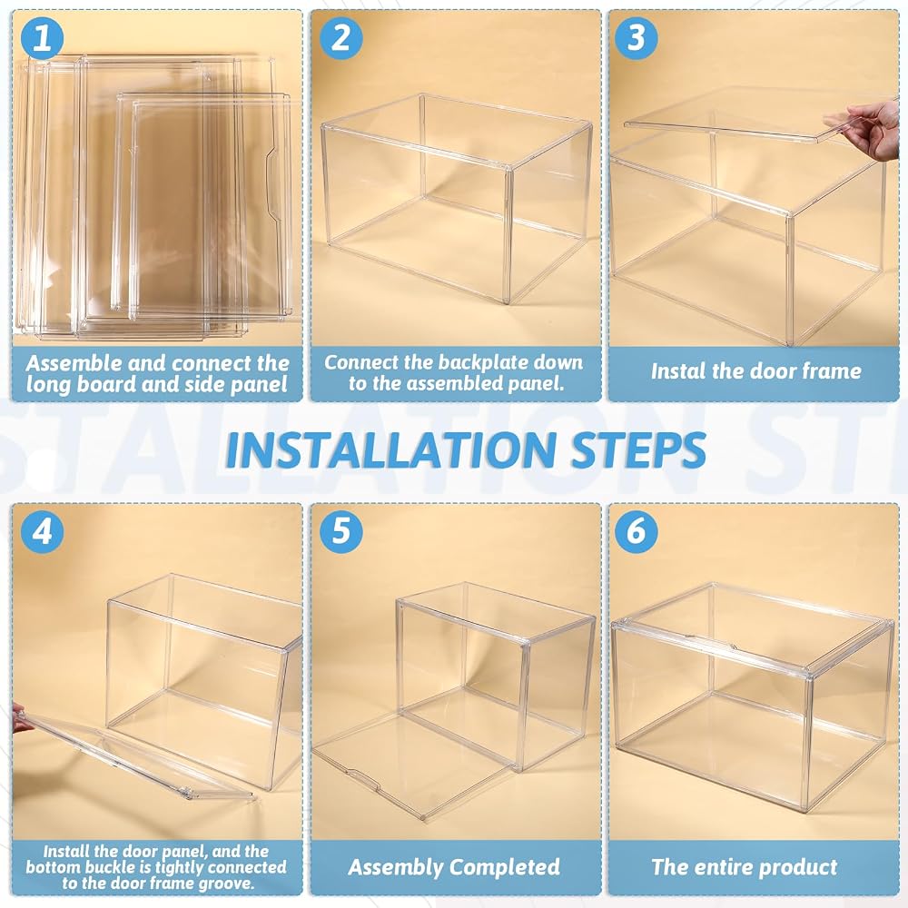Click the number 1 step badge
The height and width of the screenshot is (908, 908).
click(42, 38)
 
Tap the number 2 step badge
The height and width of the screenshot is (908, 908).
click(340, 38)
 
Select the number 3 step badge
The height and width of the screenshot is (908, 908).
click(636, 38)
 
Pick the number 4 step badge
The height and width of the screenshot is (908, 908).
click(42, 531)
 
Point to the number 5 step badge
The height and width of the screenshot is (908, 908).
click(340, 531)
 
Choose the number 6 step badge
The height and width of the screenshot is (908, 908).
click(636, 531)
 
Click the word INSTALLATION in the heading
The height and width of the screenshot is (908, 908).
click(390, 450)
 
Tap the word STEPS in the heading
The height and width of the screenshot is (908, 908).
click(638, 450)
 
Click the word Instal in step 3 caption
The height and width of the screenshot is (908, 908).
click(672, 371)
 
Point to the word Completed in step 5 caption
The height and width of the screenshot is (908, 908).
click(504, 867)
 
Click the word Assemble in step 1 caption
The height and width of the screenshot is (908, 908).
click(74, 364)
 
